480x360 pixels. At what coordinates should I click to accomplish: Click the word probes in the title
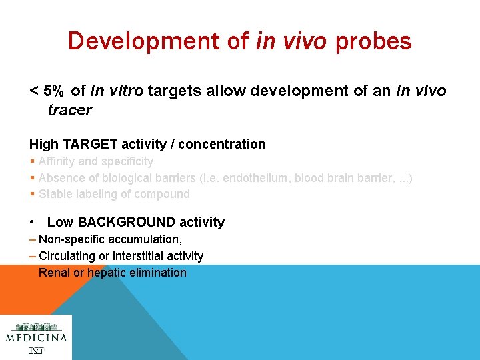point(373,42)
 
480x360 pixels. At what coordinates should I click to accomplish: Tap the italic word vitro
point(126,91)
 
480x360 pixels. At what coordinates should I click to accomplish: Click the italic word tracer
point(69,110)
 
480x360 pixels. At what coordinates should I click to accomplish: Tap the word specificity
point(127,161)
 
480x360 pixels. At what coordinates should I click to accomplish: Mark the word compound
point(164,194)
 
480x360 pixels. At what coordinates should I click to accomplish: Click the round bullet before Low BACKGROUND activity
point(33,222)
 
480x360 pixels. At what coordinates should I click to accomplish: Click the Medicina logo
point(36,337)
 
